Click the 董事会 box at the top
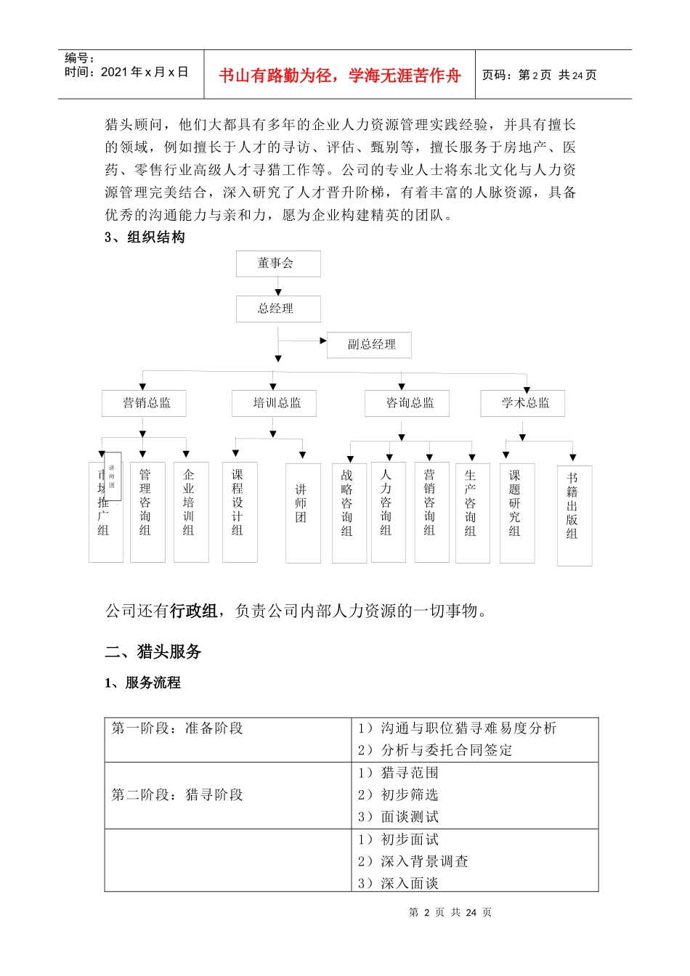point(277,264)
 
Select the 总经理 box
point(277,309)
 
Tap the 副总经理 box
point(369,345)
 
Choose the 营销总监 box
point(144,403)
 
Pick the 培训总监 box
point(274,403)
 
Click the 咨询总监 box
point(407,403)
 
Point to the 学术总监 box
point(522,403)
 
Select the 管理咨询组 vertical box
point(147,511)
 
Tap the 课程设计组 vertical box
point(239,511)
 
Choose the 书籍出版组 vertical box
point(574,515)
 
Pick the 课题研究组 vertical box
point(516,512)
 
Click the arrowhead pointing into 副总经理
point(323,341)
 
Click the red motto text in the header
point(339,76)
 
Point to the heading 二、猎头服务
point(153,651)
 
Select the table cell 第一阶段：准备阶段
point(177,728)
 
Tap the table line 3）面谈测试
point(399,817)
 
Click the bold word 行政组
point(194,611)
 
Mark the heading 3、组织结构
point(145,237)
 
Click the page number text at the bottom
point(450,912)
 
